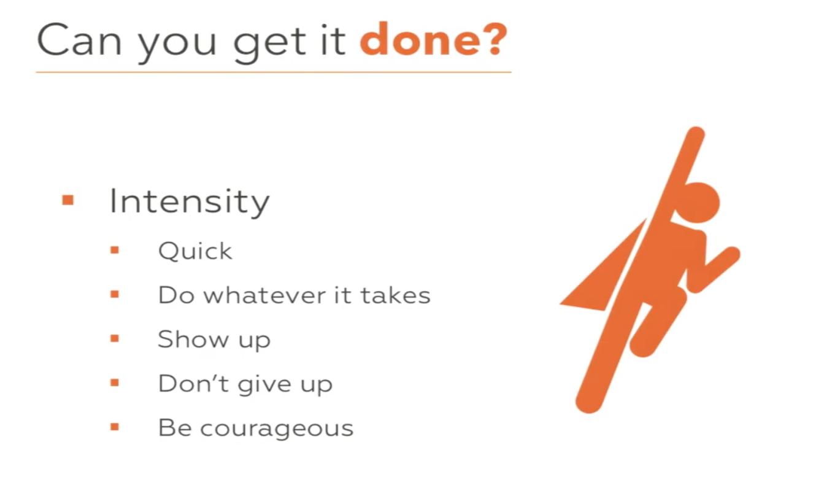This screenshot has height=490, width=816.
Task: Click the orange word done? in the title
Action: tap(434, 39)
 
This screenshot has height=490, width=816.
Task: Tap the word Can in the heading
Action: tap(79, 39)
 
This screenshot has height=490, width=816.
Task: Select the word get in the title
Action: tap(270, 43)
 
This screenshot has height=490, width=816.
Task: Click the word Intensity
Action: tap(190, 201)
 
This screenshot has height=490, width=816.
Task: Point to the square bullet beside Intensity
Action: tap(68, 200)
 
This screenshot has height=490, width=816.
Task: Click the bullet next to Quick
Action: tap(115, 250)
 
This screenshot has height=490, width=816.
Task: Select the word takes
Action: tap(396, 295)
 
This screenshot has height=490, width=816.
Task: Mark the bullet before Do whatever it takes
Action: tap(115, 294)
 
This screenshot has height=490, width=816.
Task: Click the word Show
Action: tap(193, 339)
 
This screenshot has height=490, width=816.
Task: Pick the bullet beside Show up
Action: tap(115, 339)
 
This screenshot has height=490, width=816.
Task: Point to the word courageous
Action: tap(277, 429)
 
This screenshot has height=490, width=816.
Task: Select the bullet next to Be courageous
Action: tap(115, 427)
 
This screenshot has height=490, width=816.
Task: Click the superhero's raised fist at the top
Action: tap(695, 137)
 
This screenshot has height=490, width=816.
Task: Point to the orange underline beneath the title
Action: tap(274, 72)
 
